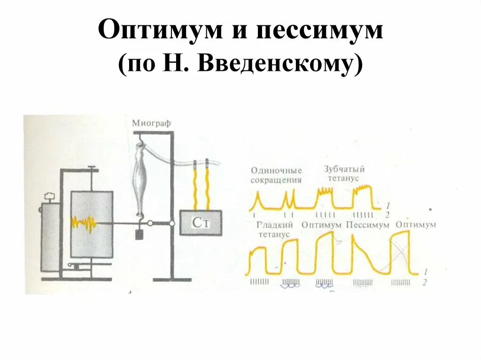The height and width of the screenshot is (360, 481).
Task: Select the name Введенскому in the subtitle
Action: coord(274,65)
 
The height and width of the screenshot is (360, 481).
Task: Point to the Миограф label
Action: coord(151,123)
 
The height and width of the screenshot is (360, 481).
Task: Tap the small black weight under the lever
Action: coord(139,234)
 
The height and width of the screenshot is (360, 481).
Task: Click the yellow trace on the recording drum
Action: coord(84,223)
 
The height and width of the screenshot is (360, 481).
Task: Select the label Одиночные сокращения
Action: coord(276,175)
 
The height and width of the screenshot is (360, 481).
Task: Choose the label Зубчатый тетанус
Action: coord(344,174)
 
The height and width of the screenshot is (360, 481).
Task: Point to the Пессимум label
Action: coord(368,225)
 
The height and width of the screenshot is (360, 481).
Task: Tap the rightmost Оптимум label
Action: coord(416,225)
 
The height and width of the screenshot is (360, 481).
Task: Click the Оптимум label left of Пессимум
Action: coord(321,225)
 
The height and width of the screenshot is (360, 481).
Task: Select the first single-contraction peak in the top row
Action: coord(257,195)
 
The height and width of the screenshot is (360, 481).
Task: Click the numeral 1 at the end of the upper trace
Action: coord(387,205)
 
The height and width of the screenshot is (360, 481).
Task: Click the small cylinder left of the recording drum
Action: coord(50,235)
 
